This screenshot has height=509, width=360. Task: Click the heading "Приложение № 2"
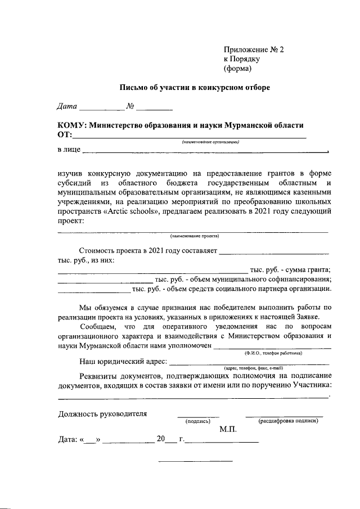tap(254, 49)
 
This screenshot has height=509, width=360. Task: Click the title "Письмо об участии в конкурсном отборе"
tap(194, 88)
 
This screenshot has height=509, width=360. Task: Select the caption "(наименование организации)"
tap(211, 142)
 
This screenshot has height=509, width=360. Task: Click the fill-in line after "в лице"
tap(205, 152)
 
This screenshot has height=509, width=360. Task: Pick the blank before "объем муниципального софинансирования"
tap(105, 280)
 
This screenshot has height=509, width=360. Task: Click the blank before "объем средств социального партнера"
tap(94, 290)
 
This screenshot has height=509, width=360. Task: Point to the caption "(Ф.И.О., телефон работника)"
tap(273, 353)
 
